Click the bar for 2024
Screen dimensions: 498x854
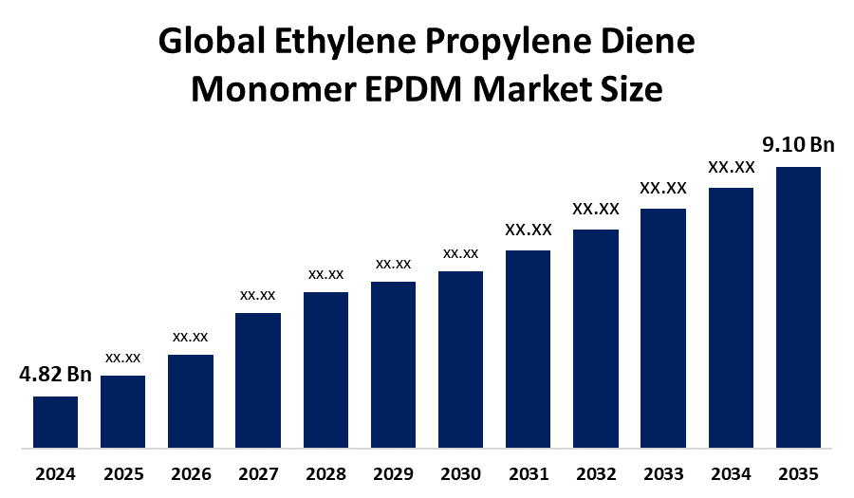(55, 421)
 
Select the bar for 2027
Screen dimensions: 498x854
(258, 379)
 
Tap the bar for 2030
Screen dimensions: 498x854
(461, 359)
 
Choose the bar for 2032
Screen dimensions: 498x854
(596, 338)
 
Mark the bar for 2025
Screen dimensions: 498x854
(123, 411)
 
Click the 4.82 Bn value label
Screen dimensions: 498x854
(55, 374)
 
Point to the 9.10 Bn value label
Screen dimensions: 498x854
(798, 145)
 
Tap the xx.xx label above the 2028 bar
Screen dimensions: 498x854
(325, 274)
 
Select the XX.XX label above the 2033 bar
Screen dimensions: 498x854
(663, 188)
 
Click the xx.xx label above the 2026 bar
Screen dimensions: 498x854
(191, 336)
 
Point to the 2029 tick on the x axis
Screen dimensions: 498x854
(393, 472)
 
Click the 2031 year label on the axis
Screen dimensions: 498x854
(529, 472)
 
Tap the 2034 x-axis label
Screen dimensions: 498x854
(731, 472)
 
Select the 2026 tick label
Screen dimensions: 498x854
(191, 472)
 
